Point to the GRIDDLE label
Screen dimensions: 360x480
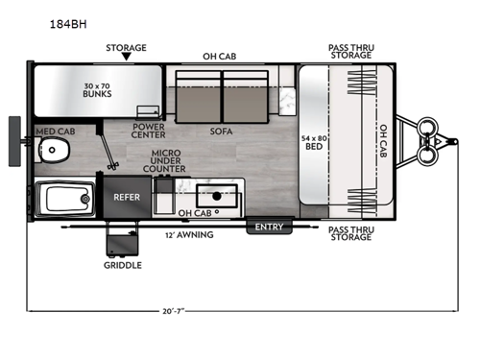coord(123,265)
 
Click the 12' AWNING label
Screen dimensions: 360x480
coord(190,234)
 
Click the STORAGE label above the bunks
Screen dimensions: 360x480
coord(126,47)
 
